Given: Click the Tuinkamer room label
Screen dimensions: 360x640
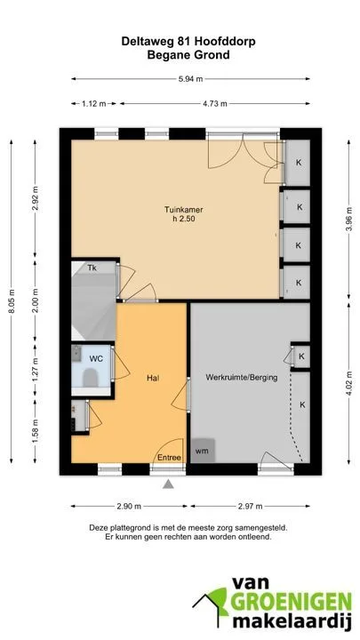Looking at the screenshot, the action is [184, 210].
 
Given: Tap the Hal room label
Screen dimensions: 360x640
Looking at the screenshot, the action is [152, 378].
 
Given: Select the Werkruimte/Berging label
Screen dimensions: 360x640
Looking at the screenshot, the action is [241, 378].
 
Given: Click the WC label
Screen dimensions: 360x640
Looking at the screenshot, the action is [96, 359].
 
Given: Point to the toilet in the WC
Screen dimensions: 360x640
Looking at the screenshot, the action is [90, 378].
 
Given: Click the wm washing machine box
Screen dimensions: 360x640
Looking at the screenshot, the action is [203, 451].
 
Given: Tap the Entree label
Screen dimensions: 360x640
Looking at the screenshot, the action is [169, 458].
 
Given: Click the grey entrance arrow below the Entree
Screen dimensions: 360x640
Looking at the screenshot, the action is [168, 484].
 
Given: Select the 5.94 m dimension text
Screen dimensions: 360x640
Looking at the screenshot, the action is [190, 79].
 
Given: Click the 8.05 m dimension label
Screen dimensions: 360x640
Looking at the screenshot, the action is [12, 302].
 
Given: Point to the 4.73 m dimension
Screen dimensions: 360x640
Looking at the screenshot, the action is [215, 104].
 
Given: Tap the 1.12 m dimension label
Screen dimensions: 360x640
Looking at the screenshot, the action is [94, 104].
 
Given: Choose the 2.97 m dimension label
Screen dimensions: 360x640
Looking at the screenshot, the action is [250, 507].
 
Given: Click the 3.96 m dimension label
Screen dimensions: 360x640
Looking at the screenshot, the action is [348, 220].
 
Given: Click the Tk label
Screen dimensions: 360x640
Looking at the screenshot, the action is [92, 268].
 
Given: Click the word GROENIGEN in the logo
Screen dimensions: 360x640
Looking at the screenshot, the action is [291, 602].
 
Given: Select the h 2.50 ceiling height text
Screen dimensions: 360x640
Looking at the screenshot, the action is [184, 220].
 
